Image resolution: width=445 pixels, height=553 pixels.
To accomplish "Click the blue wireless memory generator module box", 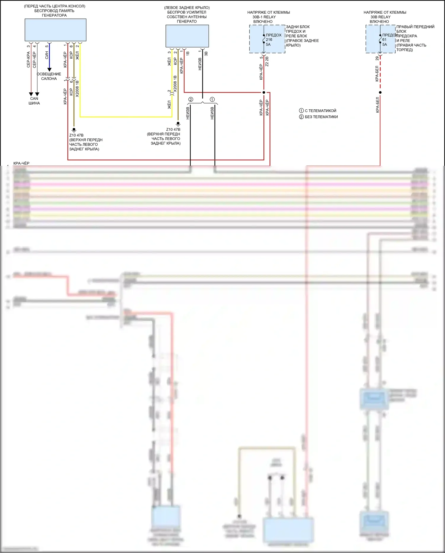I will point(55,30).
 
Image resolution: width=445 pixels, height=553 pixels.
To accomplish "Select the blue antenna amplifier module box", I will point(187,36).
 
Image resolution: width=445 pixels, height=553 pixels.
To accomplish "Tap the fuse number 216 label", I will point(269,40).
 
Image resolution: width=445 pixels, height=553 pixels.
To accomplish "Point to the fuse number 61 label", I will point(384,40).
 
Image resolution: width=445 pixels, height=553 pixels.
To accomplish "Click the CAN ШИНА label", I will point(34,101).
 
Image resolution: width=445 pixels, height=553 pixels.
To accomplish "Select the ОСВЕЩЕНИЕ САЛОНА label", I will point(49,76).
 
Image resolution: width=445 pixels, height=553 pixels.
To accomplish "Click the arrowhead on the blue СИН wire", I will point(49,70).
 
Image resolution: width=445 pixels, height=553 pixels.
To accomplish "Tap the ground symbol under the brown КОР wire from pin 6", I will point(74,130).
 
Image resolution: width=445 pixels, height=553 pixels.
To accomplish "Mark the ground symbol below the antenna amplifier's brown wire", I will point(178,123).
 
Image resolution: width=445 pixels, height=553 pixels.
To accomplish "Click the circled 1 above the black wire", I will point(212,99).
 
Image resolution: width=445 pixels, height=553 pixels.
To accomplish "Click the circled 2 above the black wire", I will point(191,99).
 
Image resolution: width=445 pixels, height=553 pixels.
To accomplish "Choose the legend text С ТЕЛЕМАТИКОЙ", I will point(320,111).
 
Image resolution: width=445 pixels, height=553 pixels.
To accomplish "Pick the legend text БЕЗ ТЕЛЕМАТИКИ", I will point(321,117).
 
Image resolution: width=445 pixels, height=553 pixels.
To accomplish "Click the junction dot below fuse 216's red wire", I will point(264,92).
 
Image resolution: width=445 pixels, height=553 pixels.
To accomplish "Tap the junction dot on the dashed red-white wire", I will point(380,92).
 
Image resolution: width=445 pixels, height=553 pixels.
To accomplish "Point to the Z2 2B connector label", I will point(267,61).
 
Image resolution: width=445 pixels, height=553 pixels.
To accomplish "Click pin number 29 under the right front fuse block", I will point(377,58).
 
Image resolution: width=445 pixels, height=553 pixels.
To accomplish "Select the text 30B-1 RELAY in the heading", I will point(264,17).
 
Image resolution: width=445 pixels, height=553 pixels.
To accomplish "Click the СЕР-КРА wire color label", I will point(28,59).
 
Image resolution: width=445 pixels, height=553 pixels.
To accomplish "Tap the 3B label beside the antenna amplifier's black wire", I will point(206,53).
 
